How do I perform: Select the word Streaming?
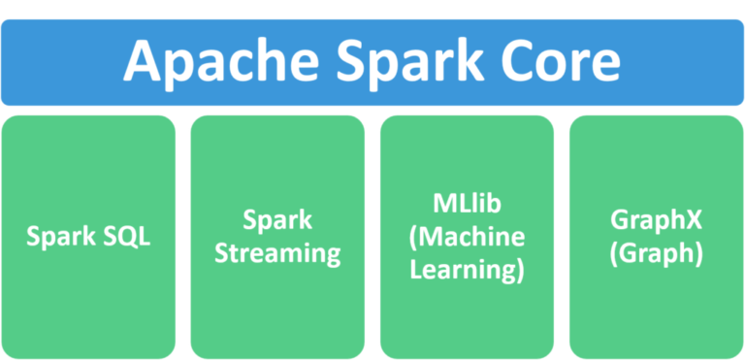tap(277, 255)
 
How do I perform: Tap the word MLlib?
tap(467, 205)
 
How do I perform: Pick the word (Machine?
tap(467, 238)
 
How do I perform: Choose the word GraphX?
tap(656, 221)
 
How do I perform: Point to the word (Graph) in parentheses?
tap(656, 254)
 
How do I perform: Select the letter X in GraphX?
tap(692, 221)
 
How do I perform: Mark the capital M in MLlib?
tap(439, 205)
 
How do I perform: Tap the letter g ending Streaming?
tap(332, 258)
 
